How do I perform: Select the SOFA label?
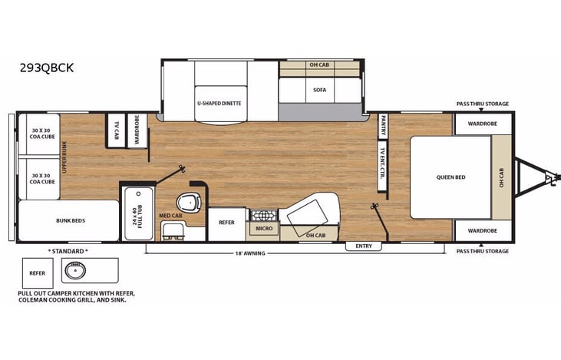click(319, 90)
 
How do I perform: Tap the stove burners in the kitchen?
click(263, 215)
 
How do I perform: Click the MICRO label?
click(263, 229)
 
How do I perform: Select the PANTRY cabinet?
click(383, 124)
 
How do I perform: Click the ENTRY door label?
click(364, 246)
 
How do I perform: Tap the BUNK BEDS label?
click(71, 220)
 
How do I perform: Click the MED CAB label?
click(170, 216)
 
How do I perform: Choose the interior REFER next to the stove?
click(226, 223)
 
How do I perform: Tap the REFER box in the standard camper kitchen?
click(37, 272)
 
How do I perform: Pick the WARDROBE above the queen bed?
click(483, 123)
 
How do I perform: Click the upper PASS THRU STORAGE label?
click(482, 103)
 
